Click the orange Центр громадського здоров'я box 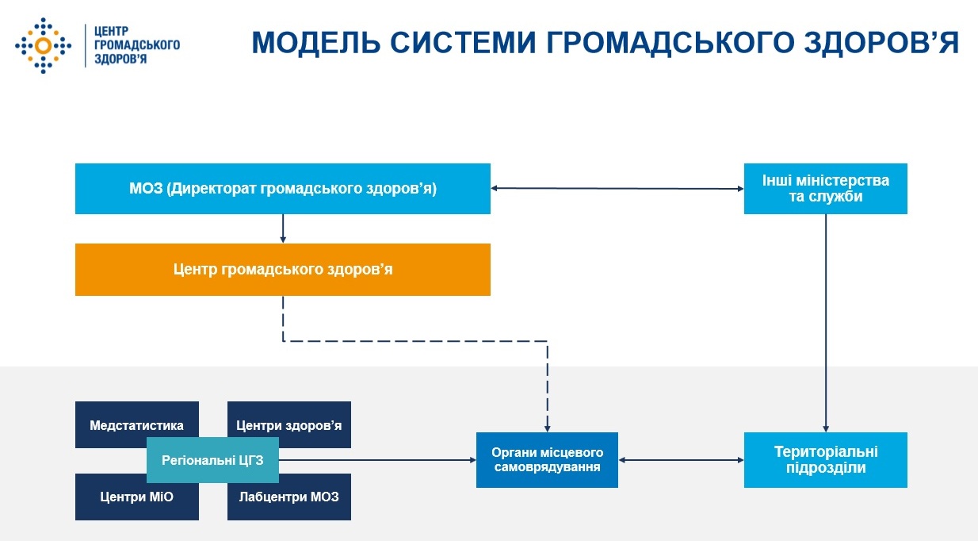pyautogui.click(x=283, y=270)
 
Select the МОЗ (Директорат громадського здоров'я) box pyautogui.click(x=283, y=189)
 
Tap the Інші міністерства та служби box pyautogui.click(x=825, y=189)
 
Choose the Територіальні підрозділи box pyautogui.click(x=825, y=459)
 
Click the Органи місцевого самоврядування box pyautogui.click(x=547, y=459)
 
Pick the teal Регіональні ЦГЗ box pyautogui.click(x=212, y=459)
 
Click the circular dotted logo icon pyautogui.click(x=43, y=45)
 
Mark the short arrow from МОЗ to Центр pyautogui.click(x=283, y=228)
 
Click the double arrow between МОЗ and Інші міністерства pyautogui.click(x=617, y=189)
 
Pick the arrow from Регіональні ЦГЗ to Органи pyautogui.click(x=376, y=459)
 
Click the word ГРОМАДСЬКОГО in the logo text pyautogui.click(x=136, y=45)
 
